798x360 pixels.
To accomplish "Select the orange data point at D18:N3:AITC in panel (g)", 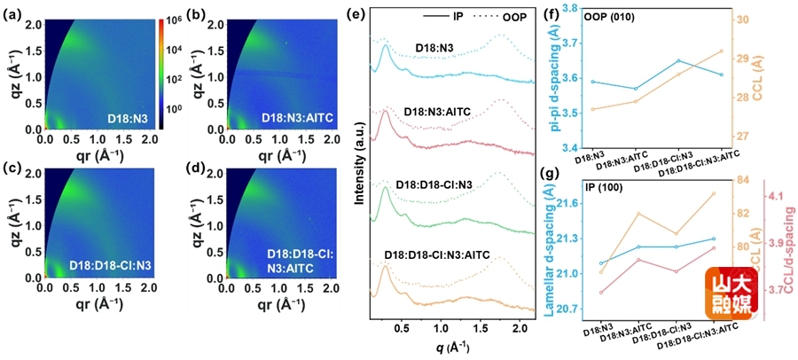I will pos(638,214).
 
